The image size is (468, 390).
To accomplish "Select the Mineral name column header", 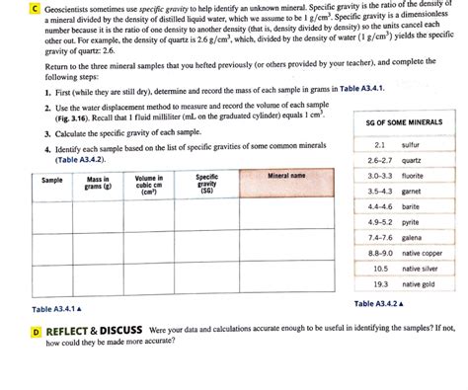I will click(286, 177).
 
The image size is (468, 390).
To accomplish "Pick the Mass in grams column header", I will click(97, 184).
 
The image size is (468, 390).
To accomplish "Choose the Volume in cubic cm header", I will click(149, 184).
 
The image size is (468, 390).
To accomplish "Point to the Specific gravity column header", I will click(206, 184).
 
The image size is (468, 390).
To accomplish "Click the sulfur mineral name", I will click(411, 144).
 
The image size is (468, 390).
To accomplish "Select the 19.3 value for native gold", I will click(380, 284).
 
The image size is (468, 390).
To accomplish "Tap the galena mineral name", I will click(412, 237).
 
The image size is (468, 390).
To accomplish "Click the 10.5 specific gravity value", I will click(380, 269).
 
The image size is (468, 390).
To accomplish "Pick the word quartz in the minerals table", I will click(412, 160).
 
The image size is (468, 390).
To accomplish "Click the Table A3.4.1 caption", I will click(56, 309).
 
